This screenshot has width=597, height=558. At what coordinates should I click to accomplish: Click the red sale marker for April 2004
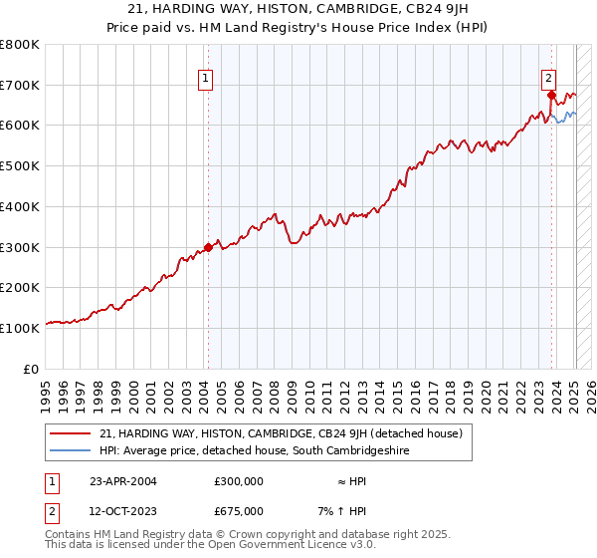tap(208, 247)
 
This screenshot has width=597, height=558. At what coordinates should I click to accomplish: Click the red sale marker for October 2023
tap(551, 96)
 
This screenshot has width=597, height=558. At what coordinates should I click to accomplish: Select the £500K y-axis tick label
tap(20, 166)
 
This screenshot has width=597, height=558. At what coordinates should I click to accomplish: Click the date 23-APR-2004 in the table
tap(123, 481)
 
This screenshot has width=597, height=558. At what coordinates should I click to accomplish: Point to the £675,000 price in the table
tap(239, 511)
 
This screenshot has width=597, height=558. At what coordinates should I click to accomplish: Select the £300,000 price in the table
tap(239, 481)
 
